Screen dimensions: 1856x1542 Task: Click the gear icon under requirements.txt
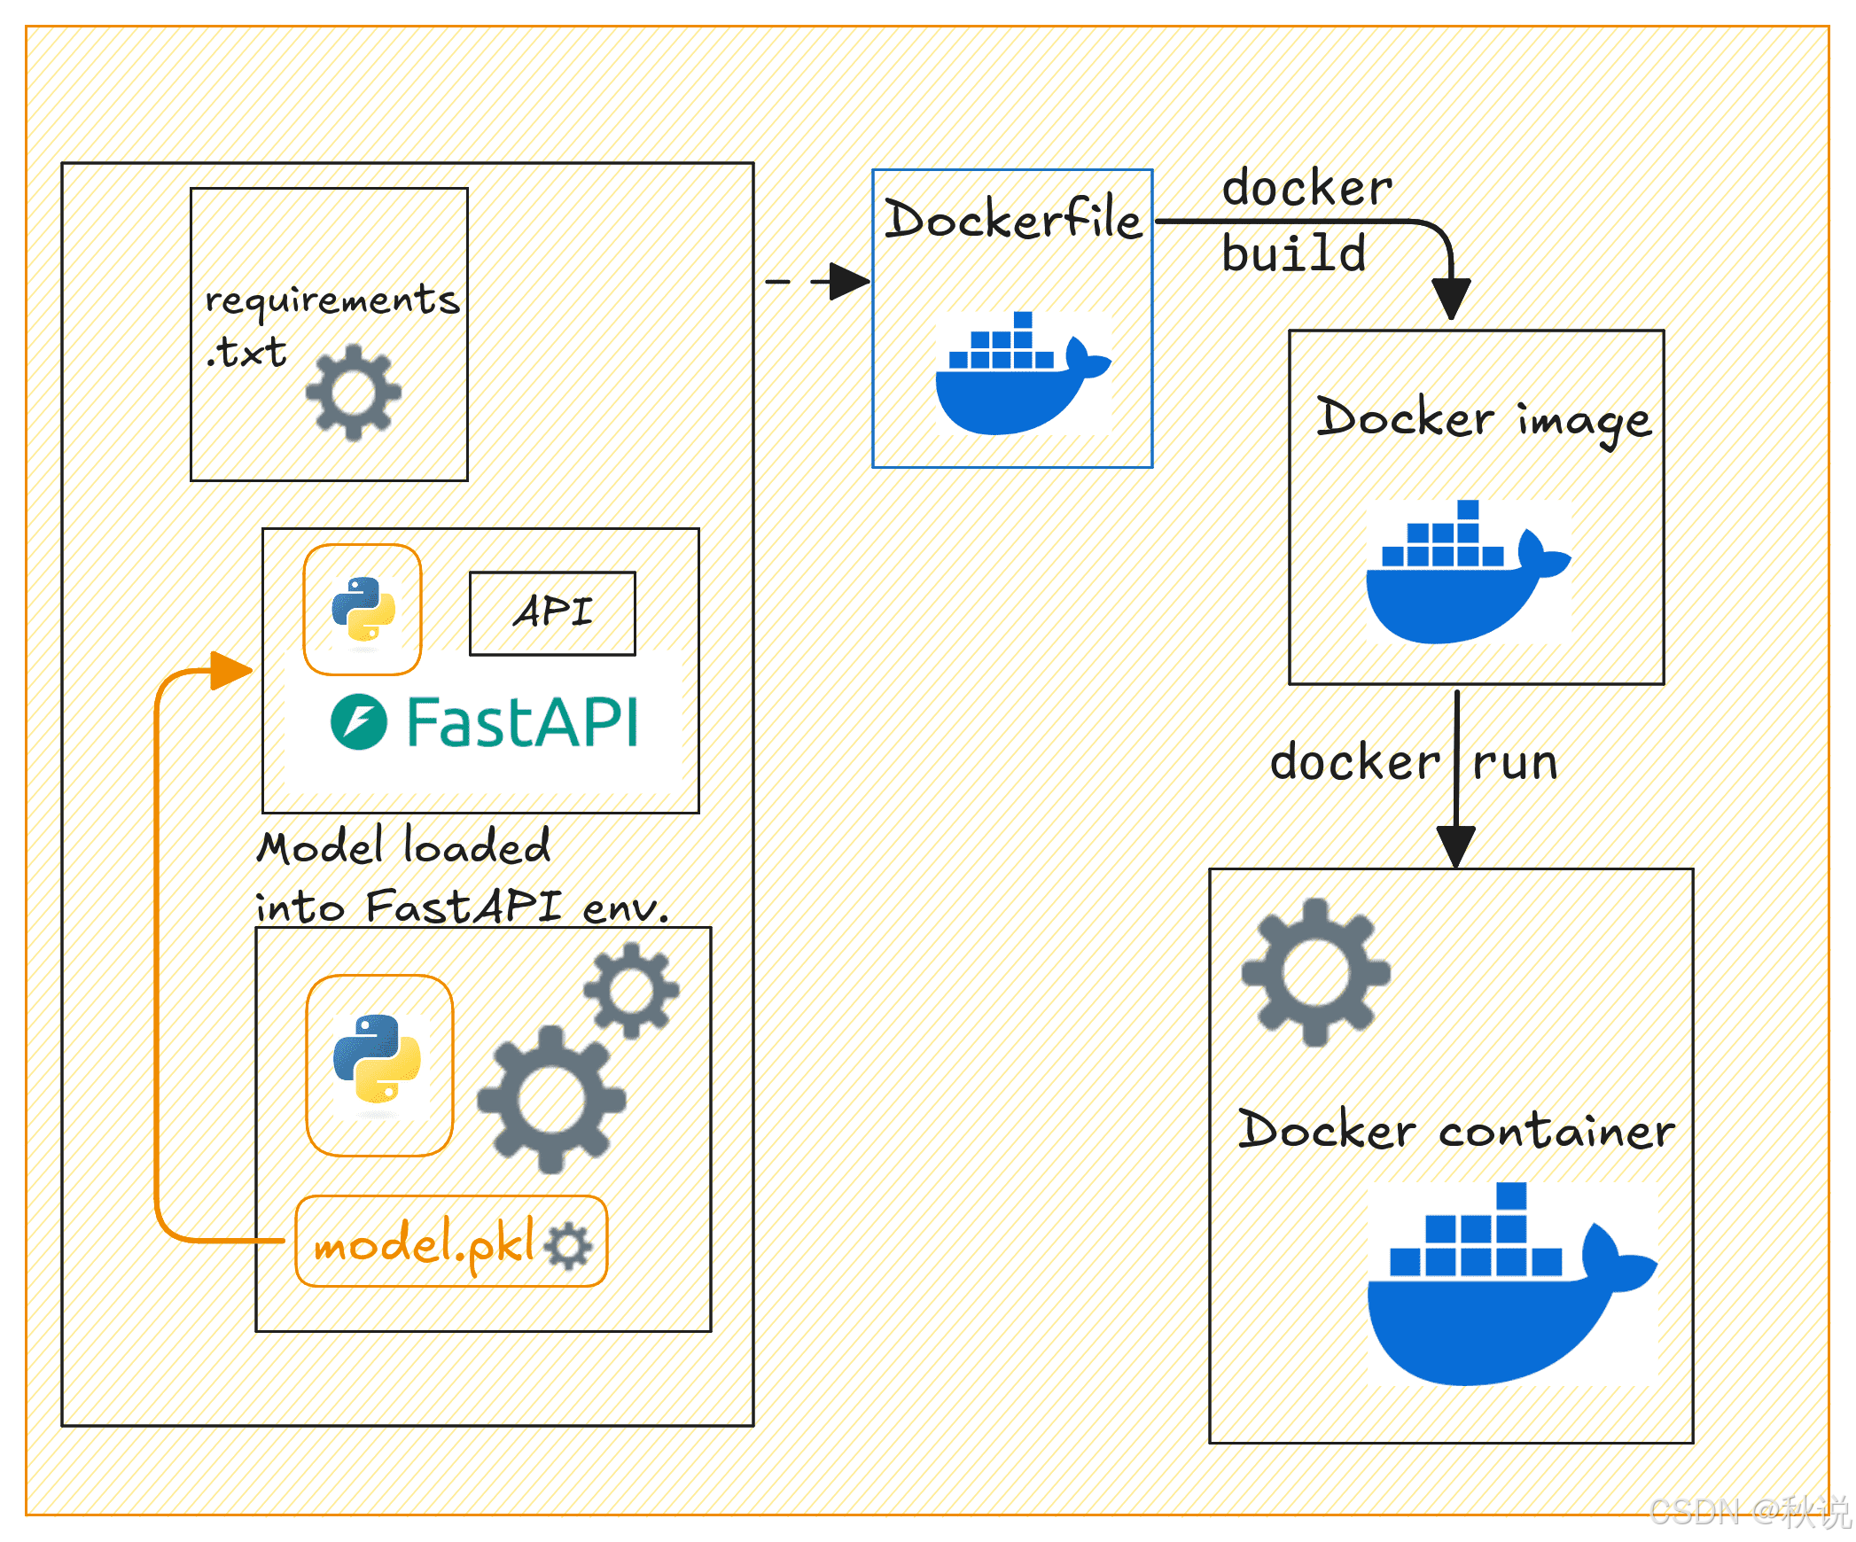[353, 392]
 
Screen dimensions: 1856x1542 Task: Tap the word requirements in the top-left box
[332, 299]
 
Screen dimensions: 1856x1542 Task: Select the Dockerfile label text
[1013, 219]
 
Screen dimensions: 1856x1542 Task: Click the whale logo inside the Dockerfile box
[1024, 373]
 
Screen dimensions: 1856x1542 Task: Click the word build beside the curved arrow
[1294, 253]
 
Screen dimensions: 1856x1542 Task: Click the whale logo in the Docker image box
[1469, 572]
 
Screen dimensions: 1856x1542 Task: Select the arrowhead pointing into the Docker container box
[1455, 846]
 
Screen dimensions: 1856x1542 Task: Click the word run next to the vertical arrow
[1515, 763]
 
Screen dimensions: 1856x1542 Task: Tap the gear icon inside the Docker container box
[1315, 972]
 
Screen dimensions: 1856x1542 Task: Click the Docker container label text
[1456, 1130]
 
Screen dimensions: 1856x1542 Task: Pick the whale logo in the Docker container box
[1512, 1284]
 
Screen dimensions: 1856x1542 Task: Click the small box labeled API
[552, 613]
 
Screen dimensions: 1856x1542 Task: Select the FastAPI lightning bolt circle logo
[359, 721]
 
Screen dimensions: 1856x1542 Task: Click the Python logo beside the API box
[363, 610]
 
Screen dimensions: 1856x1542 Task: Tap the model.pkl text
[425, 1242]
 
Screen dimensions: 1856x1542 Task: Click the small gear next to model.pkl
[568, 1246]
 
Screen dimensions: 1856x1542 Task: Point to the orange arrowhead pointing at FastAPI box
[231, 670]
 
